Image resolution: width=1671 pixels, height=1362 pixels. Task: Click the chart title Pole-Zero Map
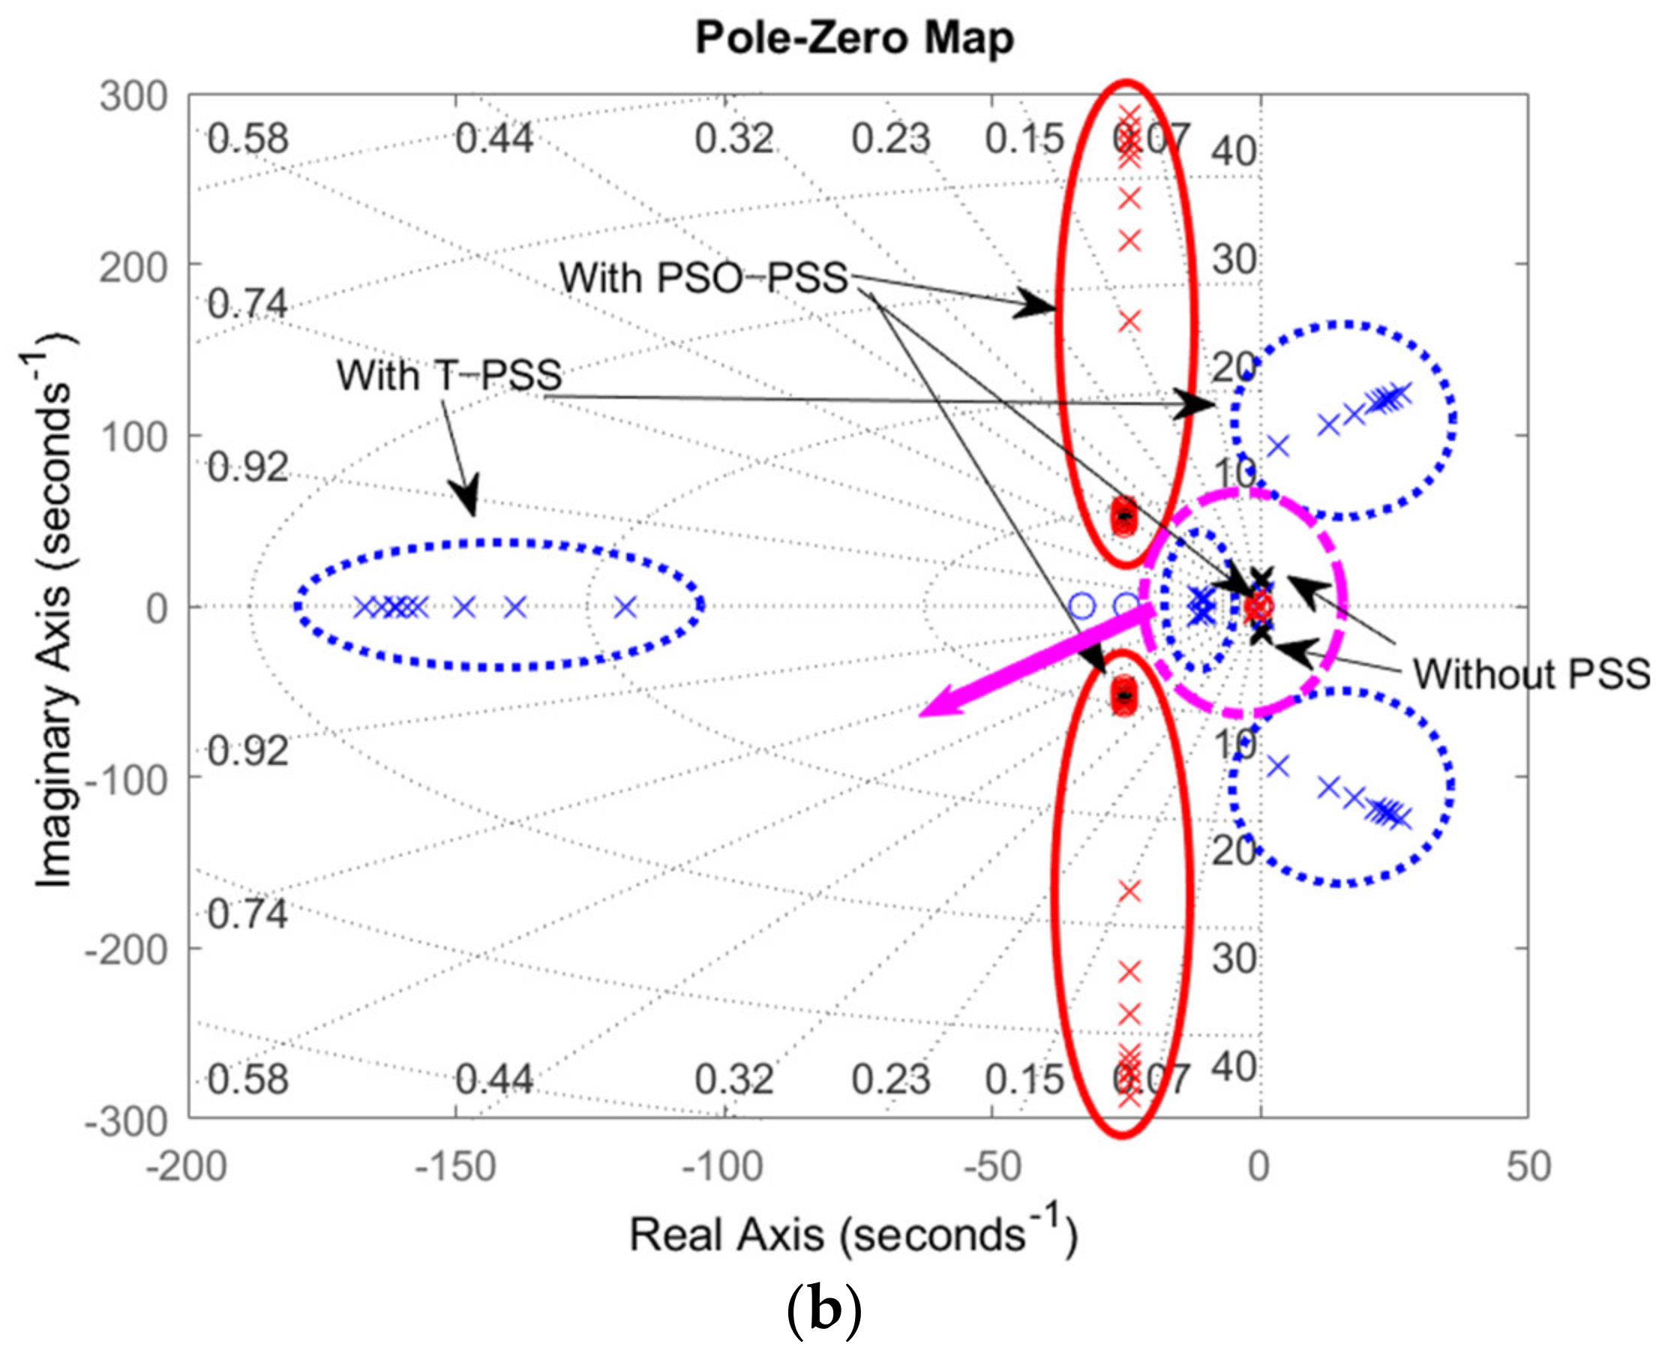(854, 37)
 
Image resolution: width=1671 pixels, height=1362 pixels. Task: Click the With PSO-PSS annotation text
(703, 277)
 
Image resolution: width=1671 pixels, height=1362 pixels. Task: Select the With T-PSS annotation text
(448, 375)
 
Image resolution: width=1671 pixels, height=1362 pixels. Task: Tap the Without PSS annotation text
(1531, 674)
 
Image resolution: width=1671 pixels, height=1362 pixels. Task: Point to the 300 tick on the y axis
(134, 97)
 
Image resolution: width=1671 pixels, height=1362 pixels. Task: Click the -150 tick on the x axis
(455, 1168)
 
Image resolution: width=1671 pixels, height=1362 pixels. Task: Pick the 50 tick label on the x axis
(1528, 1168)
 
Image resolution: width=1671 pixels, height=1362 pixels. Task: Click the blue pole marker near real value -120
(625, 607)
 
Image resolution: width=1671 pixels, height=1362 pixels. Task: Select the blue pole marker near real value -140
(514, 607)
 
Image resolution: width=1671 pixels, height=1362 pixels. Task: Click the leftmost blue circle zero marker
(1081, 606)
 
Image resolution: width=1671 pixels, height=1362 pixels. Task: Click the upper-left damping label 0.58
(248, 139)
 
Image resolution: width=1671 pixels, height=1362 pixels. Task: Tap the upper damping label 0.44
(494, 139)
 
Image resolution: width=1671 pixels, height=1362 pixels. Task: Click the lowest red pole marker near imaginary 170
(1129, 320)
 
